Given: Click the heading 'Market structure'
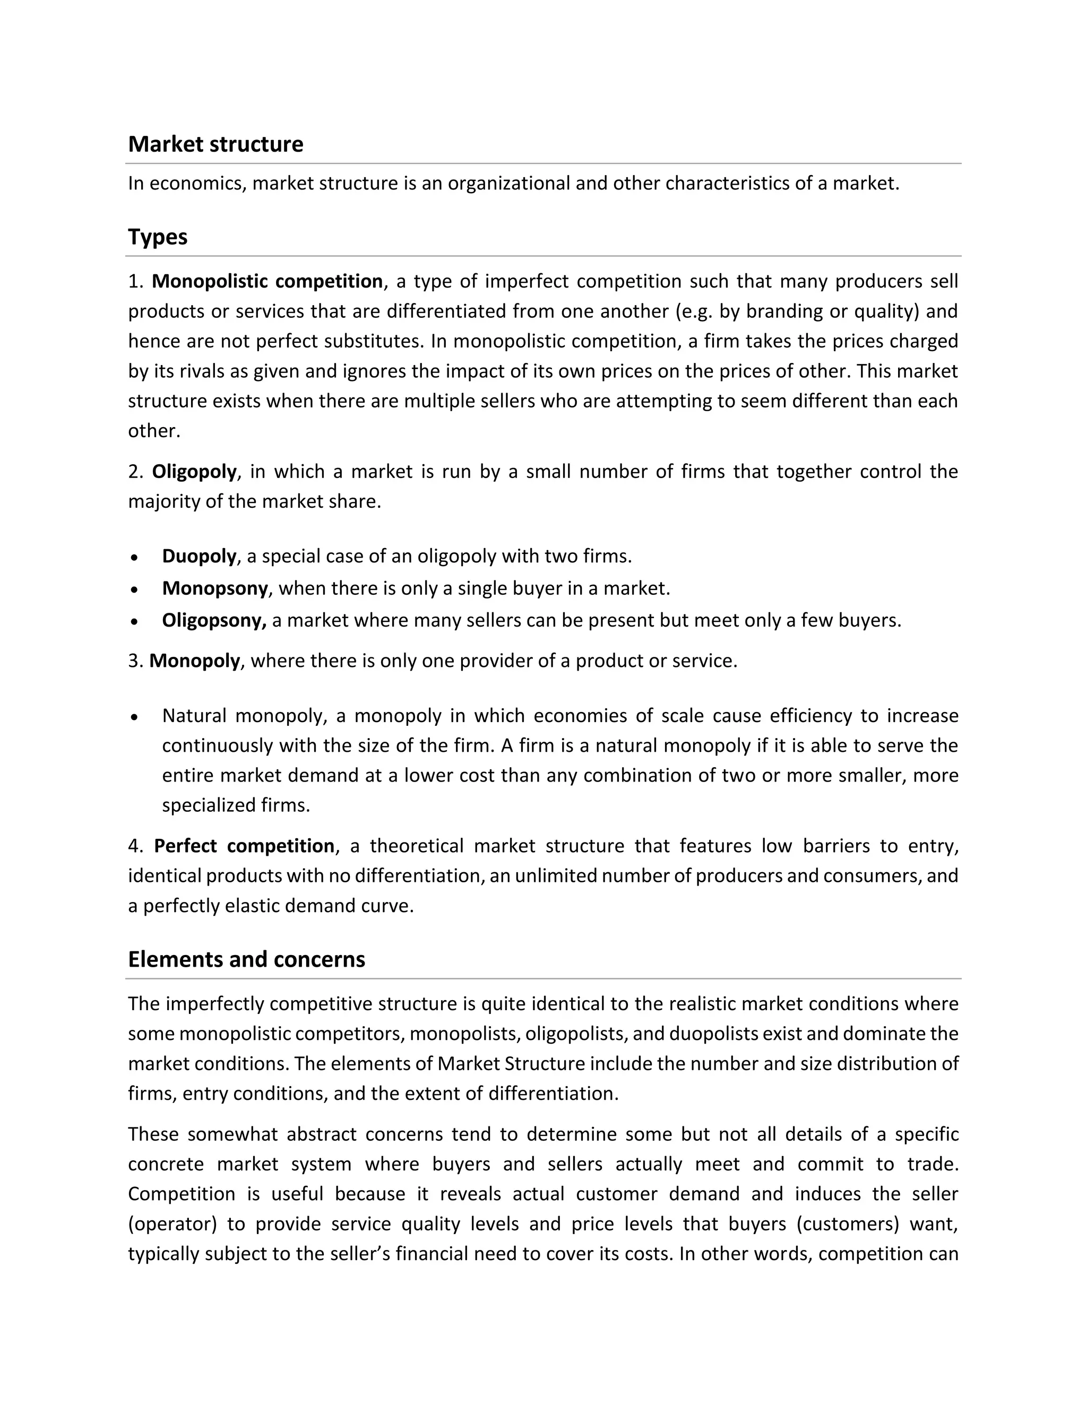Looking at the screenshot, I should tap(215, 144).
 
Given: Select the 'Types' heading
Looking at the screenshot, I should tap(157, 237).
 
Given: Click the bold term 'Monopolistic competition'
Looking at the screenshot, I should tap(268, 281).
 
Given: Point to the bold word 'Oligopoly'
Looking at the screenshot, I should tap(194, 472).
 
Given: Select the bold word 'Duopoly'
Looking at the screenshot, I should tap(199, 556).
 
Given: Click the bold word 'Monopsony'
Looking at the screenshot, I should tap(214, 588).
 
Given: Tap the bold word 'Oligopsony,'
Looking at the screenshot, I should tap(214, 621).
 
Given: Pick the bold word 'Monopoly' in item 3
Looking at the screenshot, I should tap(194, 661).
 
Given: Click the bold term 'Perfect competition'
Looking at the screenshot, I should tap(244, 846).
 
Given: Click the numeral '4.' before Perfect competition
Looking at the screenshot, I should tap(135, 846).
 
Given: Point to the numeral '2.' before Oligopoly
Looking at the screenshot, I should tap(135, 472).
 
